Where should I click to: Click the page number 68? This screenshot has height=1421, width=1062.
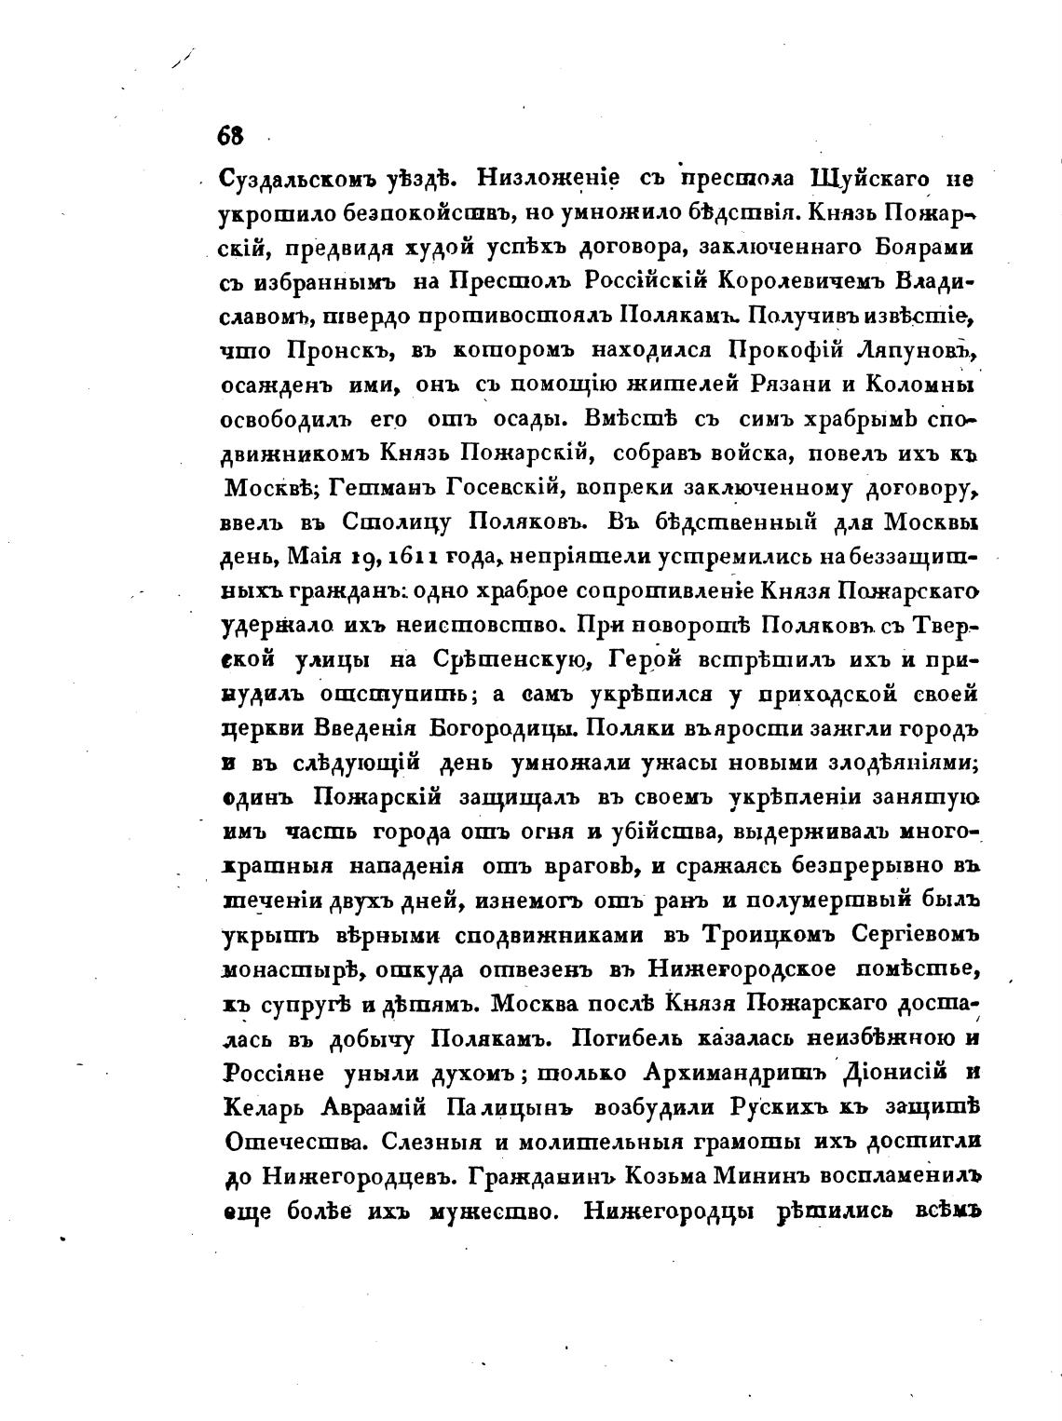pyautogui.click(x=230, y=136)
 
